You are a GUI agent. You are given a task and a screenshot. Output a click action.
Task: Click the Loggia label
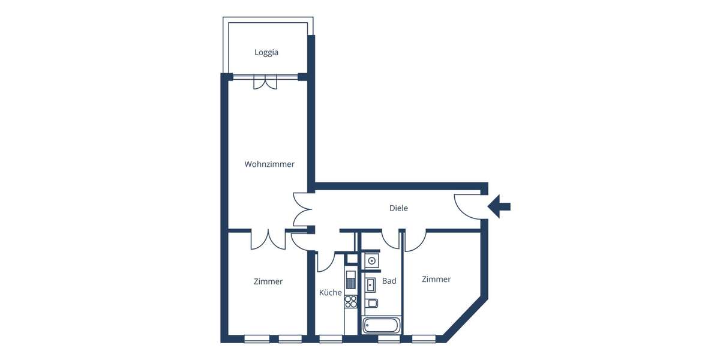[266, 53]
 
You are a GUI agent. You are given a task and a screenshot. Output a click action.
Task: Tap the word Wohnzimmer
[269, 164]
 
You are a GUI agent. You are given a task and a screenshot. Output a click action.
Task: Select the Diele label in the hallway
[398, 208]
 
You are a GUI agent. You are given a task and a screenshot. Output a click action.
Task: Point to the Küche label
[330, 293]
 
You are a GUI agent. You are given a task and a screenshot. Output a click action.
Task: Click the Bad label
[389, 281]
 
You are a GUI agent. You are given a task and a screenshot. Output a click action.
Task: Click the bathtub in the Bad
[382, 325]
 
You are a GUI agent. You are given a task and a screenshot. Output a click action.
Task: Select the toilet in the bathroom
[371, 302]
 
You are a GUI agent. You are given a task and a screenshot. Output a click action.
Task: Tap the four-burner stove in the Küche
[351, 301]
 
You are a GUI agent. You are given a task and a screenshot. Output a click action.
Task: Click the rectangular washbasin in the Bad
[371, 284]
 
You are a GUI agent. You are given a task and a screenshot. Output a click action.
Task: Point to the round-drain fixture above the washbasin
[372, 261]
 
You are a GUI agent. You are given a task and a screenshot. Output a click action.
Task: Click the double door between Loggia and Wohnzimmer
[265, 82]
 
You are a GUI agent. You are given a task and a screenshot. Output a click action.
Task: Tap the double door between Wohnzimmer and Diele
[302, 209]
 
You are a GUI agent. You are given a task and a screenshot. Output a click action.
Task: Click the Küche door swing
[326, 261]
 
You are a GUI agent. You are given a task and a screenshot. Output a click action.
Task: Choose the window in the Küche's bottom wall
[331, 339]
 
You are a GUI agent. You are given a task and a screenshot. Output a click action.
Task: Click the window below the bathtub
[389, 339]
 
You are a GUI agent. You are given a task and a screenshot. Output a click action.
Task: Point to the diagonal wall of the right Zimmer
[465, 318]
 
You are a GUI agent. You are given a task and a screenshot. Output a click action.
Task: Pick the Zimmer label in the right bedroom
[436, 280]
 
